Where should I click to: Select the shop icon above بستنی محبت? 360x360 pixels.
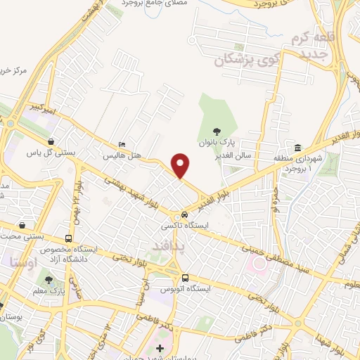coord(25,226)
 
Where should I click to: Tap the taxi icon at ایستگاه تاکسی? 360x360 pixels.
coord(184,214)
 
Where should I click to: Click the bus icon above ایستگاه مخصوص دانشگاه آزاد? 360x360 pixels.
coord(68,238)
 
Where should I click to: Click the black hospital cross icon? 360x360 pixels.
coord(160,348)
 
